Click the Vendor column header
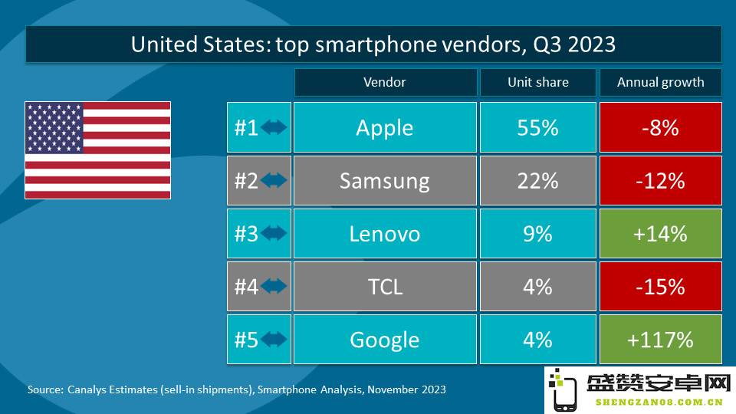386,82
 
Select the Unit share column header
538,82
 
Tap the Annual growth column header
660,82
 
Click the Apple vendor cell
385,127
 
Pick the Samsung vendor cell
385,180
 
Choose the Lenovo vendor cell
385,233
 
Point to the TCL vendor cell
385,286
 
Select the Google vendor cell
385,340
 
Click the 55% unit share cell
538,127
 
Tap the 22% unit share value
538,181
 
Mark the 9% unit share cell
538,233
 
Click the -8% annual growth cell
660,127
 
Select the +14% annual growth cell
660,233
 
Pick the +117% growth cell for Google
660,340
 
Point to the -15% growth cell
660,286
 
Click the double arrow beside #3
274,233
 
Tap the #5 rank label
246,340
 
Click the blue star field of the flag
54,128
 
